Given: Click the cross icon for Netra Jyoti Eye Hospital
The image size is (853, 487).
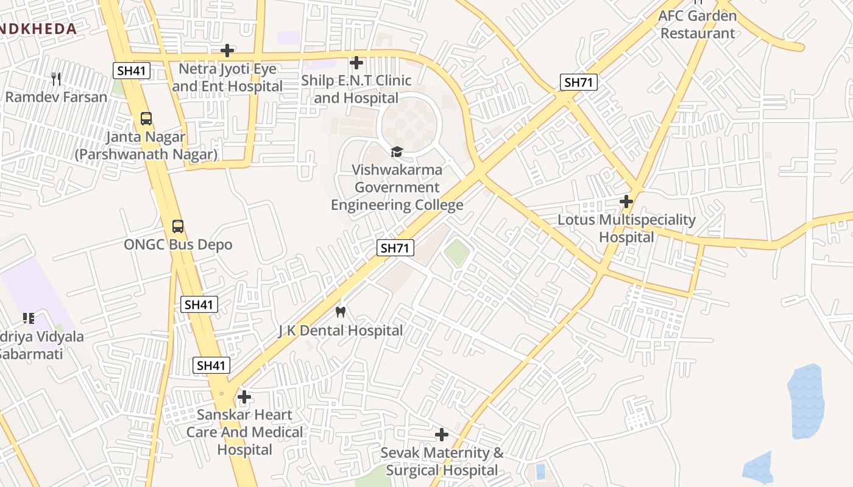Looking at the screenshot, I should pyautogui.click(x=227, y=50).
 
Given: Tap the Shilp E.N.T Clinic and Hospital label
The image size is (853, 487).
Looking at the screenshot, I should pyautogui.click(x=356, y=89).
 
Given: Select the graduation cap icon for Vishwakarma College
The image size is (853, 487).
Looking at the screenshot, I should pyautogui.click(x=397, y=152).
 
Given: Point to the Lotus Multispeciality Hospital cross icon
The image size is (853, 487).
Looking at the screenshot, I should pyautogui.click(x=626, y=201).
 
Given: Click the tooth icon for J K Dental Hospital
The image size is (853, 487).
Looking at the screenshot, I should pyautogui.click(x=341, y=312).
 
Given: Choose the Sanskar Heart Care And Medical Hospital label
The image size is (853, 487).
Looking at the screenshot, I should pyautogui.click(x=244, y=432).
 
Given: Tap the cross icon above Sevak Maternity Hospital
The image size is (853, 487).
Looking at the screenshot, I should pyautogui.click(x=442, y=435).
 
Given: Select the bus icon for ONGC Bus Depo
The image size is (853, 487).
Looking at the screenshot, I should pyautogui.click(x=177, y=226).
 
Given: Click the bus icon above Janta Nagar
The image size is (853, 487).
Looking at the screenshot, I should pyautogui.click(x=146, y=119).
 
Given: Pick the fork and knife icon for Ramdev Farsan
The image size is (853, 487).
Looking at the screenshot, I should pyautogui.click(x=56, y=79).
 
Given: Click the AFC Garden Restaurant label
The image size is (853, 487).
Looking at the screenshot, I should pyautogui.click(x=698, y=24).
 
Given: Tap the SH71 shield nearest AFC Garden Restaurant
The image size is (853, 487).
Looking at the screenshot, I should pyautogui.click(x=578, y=82).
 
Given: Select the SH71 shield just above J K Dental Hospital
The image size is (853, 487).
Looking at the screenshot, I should pyautogui.click(x=395, y=247).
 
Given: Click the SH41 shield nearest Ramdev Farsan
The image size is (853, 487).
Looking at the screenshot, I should pyautogui.click(x=132, y=71).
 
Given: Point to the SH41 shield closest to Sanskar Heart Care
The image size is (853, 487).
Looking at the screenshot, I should pyautogui.click(x=211, y=365).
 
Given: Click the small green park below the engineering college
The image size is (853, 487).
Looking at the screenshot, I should pyautogui.click(x=457, y=252).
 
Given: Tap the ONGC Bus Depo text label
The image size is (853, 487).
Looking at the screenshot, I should pyautogui.click(x=178, y=245).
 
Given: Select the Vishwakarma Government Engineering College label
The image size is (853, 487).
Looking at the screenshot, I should pyautogui.click(x=397, y=187).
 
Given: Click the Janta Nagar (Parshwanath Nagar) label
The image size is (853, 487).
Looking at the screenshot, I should pyautogui.click(x=146, y=146).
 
